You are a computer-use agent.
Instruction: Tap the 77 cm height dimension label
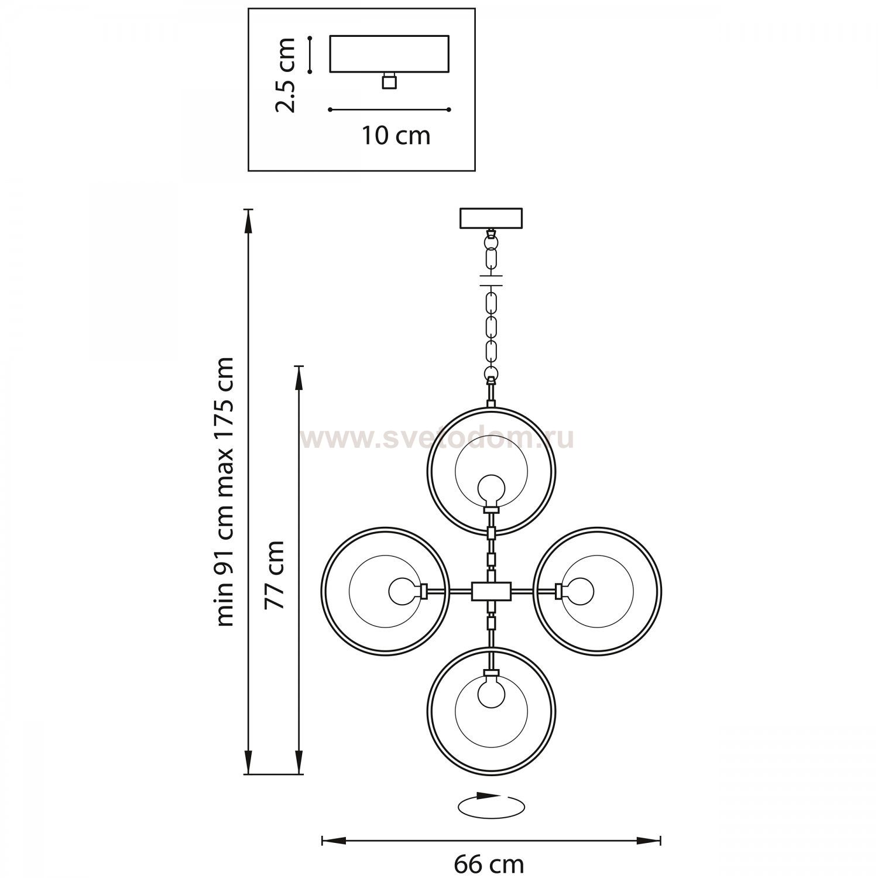(275, 575)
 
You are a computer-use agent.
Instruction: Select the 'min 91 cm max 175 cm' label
(224, 492)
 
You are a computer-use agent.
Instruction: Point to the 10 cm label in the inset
(396, 136)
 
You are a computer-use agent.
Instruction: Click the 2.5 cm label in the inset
(286, 74)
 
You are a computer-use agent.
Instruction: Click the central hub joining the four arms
(491, 591)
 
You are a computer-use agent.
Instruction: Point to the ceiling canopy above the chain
(491, 218)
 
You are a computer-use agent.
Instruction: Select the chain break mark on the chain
(491, 279)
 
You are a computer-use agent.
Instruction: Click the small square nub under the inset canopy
(389, 81)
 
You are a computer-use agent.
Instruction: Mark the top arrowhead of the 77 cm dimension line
(299, 377)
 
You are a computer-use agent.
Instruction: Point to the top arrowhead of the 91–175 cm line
(249, 220)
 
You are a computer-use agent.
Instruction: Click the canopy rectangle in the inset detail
(390, 54)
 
